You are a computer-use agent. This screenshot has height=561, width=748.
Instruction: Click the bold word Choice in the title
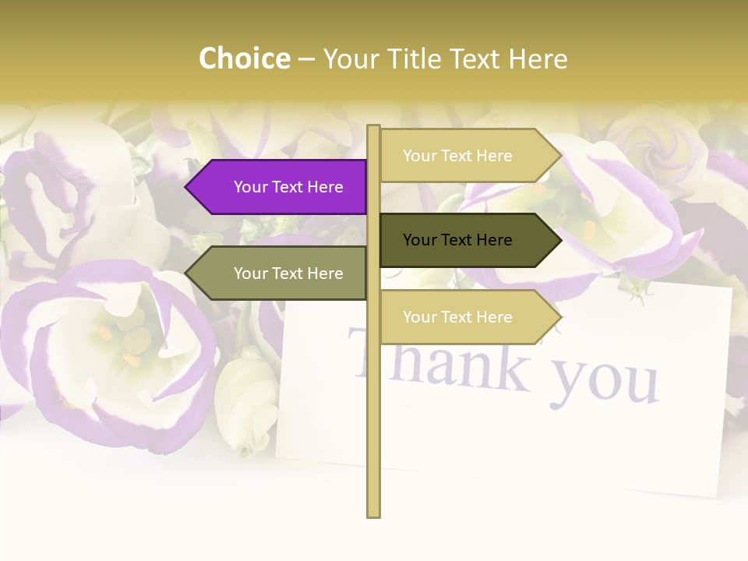pyautogui.click(x=244, y=58)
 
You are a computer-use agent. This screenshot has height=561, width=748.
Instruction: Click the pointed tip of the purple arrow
pyautogui.click(x=188, y=187)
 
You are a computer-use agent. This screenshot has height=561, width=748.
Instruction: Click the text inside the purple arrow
pyautogui.click(x=288, y=187)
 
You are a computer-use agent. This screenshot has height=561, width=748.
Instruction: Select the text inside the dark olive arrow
pyautogui.click(x=457, y=240)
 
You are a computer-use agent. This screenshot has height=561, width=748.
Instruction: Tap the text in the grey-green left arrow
pyautogui.click(x=288, y=273)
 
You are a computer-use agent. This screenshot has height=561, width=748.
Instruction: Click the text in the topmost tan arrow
pyautogui.click(x=457, y=156)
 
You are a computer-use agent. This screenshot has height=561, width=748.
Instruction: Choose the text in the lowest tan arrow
pyautogui.click(x=457, y=317)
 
